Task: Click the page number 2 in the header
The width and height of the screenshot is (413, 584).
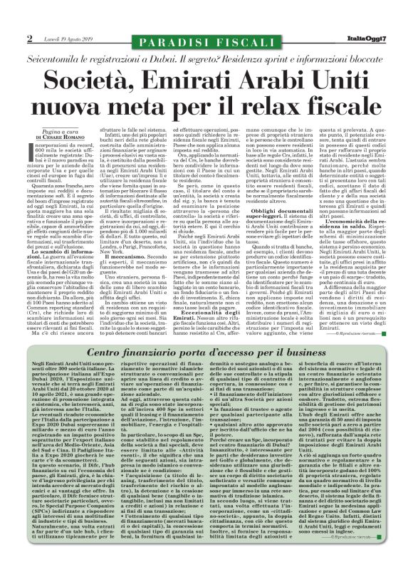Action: click(x=30, y=38)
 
